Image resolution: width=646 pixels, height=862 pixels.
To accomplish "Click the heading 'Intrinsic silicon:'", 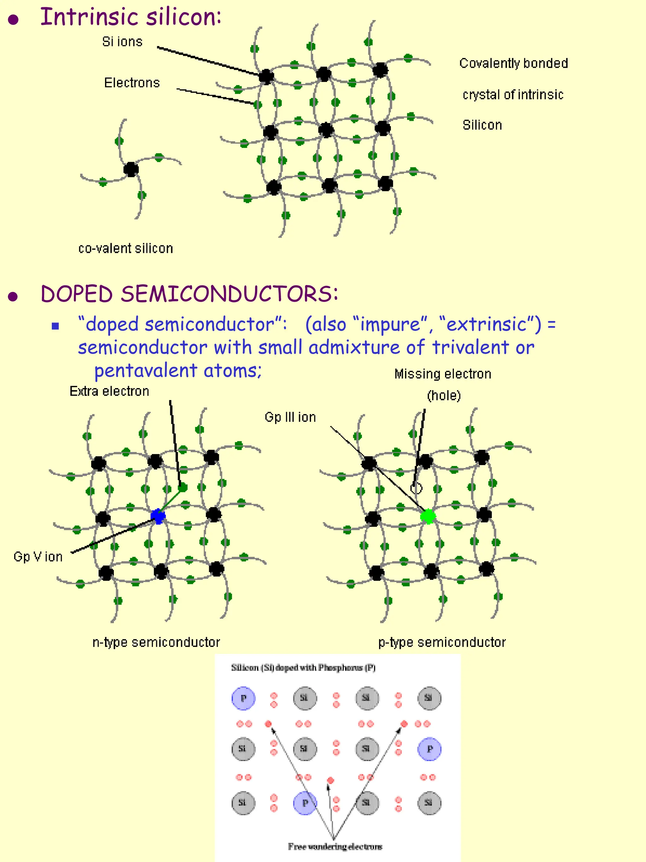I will [x=131, y=18].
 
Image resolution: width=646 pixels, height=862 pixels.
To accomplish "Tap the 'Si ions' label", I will [x=122, y=42].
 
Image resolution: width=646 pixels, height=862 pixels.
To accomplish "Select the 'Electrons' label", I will [x=132, y=83].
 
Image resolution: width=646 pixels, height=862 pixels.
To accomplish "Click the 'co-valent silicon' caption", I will [x=126, y=248].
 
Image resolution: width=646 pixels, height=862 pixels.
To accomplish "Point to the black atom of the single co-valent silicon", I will [x=131, y=169].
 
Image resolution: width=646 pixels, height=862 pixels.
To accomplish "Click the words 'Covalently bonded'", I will [x=514, y=63].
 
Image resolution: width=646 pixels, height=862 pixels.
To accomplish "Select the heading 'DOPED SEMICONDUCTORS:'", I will [x=189, y=294].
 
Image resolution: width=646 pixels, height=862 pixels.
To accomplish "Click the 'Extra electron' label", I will [x=109, y=391].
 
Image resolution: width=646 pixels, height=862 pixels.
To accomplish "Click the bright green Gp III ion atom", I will [x=428, y=516].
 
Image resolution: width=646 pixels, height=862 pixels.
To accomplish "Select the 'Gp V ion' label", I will [x=38, y=556].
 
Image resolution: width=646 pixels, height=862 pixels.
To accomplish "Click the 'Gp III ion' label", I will [x=290, y=417].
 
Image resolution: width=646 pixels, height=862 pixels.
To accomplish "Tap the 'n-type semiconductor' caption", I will [x=156, y=642].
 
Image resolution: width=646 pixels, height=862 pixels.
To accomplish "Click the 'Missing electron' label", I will [x=443, y=374].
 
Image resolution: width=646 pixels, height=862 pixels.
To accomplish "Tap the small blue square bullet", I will [x=56, y=326].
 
